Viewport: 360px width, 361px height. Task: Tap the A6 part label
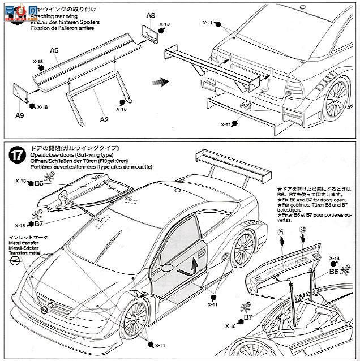click(x=54, y=50)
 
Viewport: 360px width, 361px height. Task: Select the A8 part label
click(x=150, y=15)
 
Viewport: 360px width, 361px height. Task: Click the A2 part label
click(x=104, y=120)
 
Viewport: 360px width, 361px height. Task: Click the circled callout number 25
click(x=280, y=234)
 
